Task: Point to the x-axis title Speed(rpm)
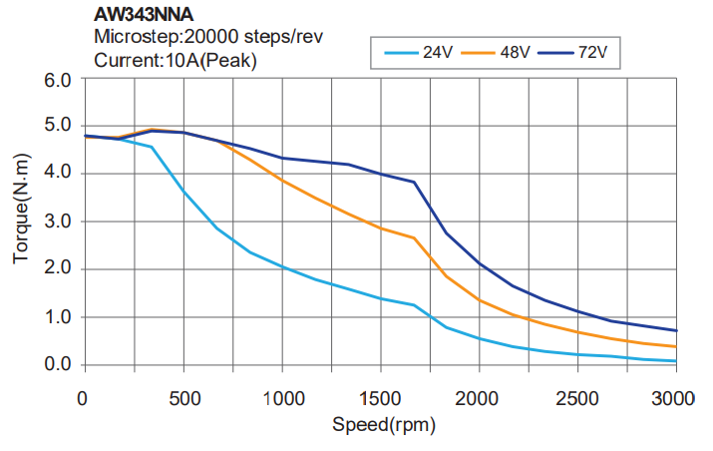(380, 425)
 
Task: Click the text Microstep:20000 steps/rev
(207, 38)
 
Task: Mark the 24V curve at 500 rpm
(182, 191)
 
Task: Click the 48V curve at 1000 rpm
(281, 180)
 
